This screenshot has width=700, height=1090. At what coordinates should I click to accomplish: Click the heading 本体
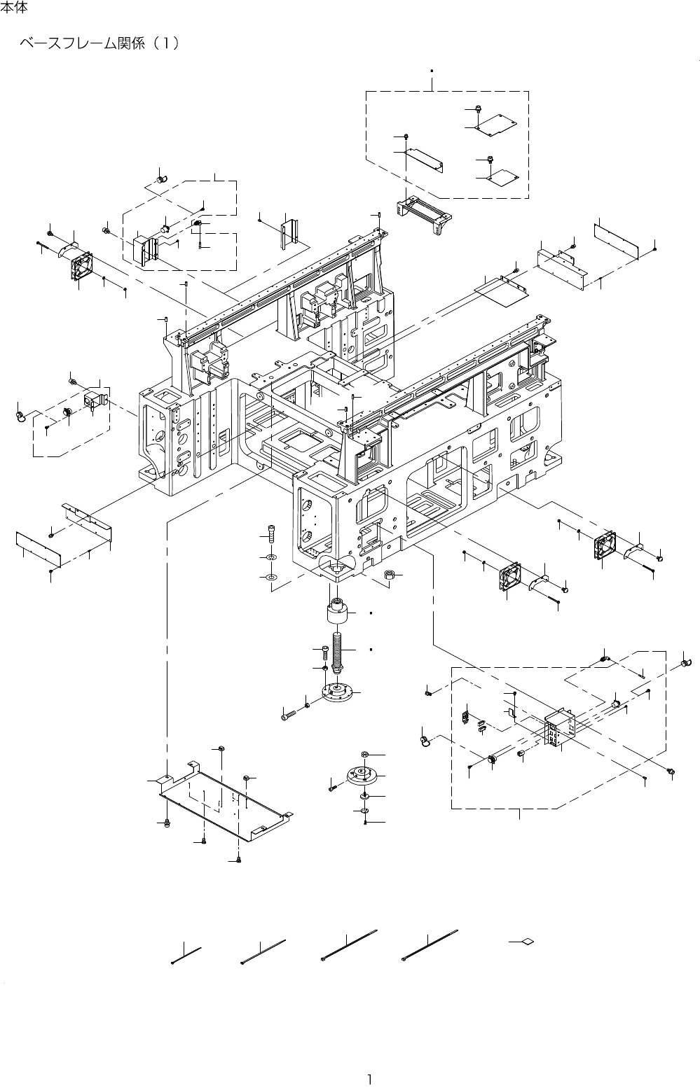coord(14,10)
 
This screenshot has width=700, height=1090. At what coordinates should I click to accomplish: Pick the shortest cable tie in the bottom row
coord(186,956)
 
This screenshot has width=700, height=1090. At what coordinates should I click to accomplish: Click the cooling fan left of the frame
coord(81,267)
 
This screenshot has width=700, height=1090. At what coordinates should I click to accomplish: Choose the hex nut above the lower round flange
coord(365,755)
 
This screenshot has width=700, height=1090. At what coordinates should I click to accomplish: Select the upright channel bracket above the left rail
coord(291,230)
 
